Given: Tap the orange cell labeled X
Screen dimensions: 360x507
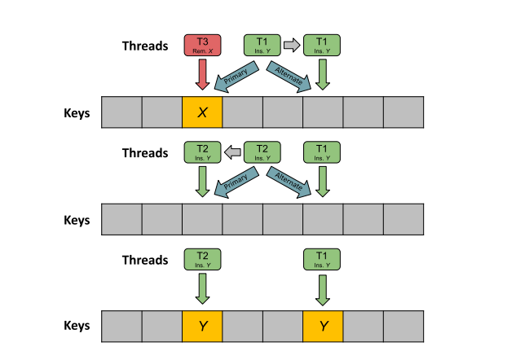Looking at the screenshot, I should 202,112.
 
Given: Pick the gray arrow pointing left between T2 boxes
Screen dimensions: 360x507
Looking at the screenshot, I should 232,151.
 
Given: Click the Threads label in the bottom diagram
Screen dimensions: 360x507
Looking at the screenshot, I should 144,261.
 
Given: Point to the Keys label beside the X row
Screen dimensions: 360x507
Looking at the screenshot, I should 77,113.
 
